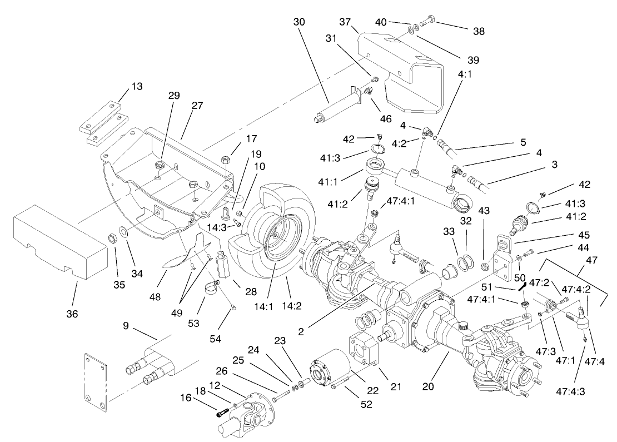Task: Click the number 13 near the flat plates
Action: point(137,86)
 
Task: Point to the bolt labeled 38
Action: point(426,23)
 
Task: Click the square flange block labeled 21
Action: point(362,351)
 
